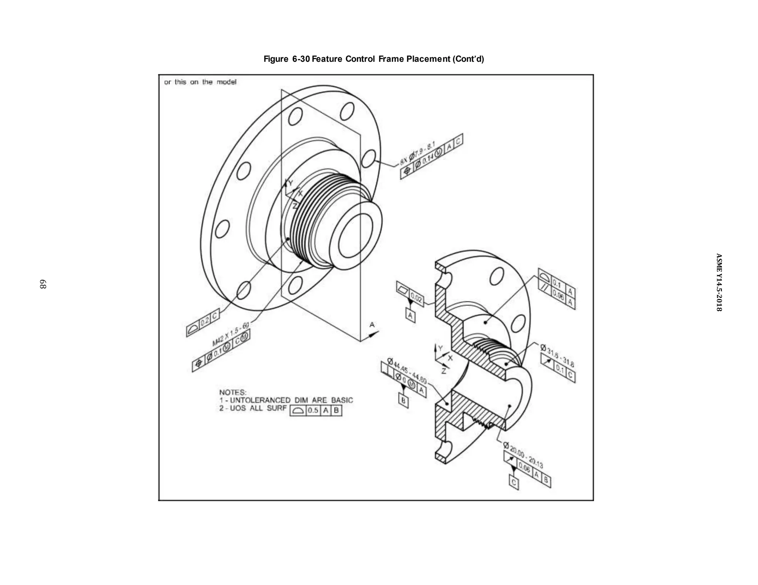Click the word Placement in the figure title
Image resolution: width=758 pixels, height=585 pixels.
point(427,59)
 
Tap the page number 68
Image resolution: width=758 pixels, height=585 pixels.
point(43,284)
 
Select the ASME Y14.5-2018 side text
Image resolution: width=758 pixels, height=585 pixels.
point(718,282)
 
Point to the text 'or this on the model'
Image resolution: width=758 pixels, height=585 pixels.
point(200,82)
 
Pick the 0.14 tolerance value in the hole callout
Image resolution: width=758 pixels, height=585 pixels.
point(427,160)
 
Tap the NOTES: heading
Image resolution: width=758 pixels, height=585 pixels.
point(232,392)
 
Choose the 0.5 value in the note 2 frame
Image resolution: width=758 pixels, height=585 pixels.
point(313,410)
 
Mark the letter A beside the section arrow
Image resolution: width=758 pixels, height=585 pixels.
point(372,325)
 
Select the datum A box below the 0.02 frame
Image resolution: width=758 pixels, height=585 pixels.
point(410,315)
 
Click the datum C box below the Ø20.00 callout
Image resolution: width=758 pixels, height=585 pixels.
point(514,483)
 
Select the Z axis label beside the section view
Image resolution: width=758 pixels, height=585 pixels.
point(444,371)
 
